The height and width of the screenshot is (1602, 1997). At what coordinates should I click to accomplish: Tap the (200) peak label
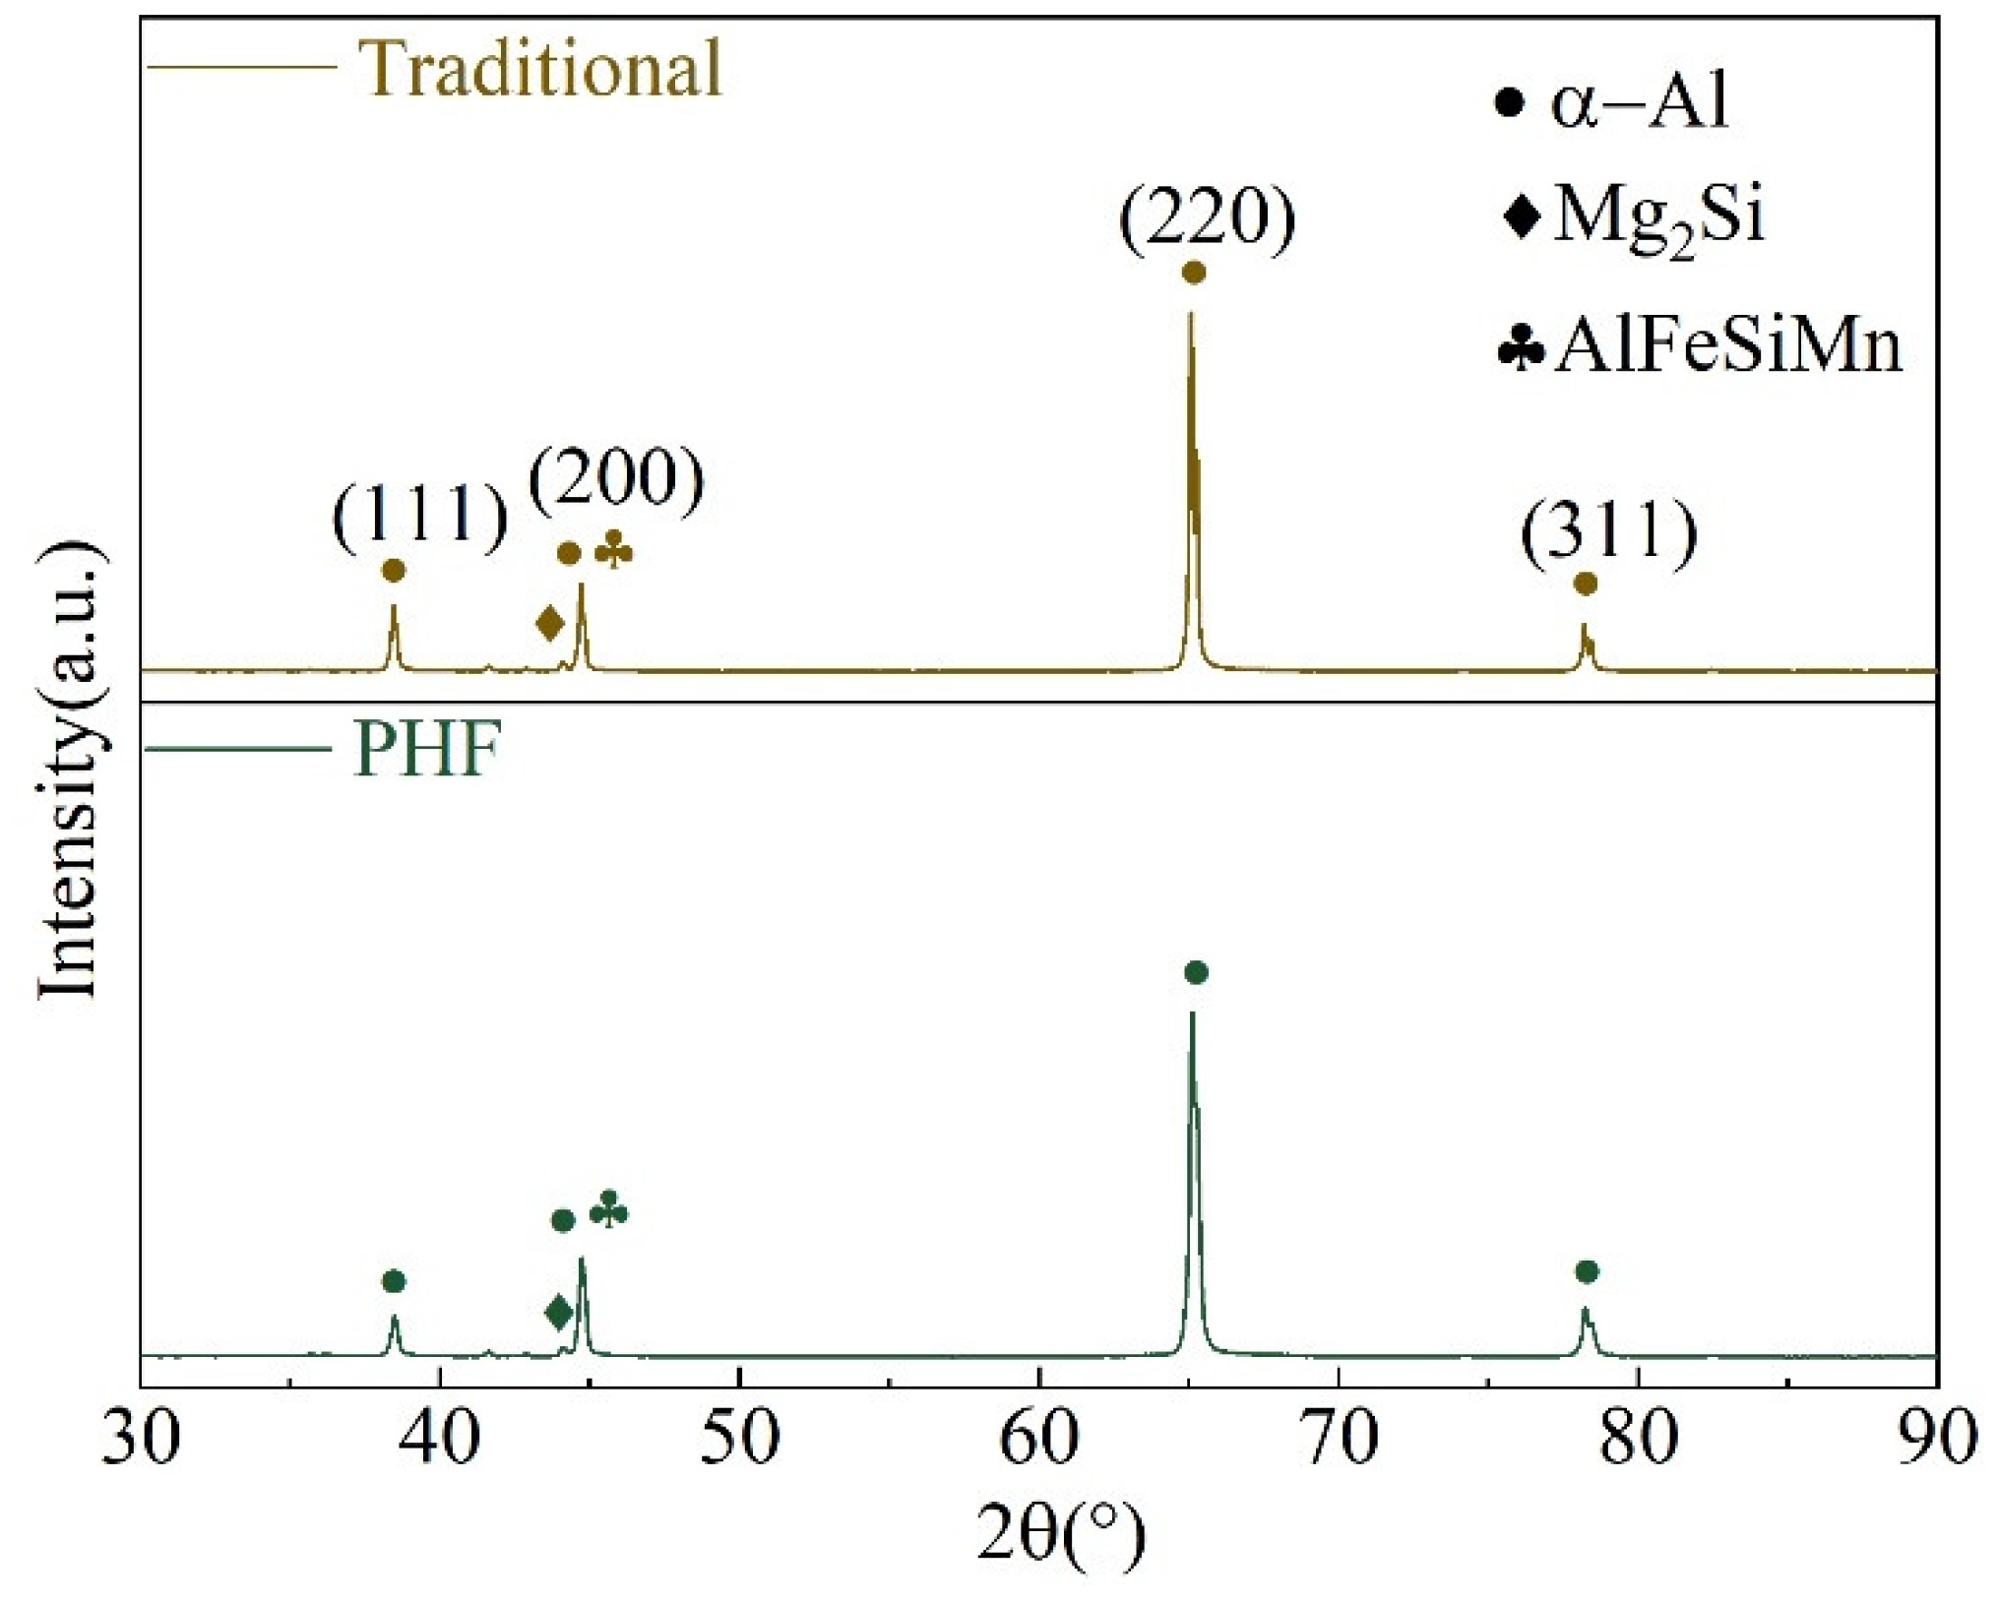(x=617, y=479)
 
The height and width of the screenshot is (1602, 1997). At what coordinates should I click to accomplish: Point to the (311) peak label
(x=1609, y=531)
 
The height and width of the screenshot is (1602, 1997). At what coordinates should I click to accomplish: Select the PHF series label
(x=427, y=750)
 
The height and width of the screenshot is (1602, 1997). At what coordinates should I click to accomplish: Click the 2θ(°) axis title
(x=1061, y=1535)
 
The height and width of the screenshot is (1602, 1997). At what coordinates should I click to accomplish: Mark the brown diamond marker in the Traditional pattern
(x=550, y=623)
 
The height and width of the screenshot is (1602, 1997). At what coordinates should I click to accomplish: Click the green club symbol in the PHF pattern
(x=608, y=1210)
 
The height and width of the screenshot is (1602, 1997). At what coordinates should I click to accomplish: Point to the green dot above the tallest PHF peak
(x=1196, y=973)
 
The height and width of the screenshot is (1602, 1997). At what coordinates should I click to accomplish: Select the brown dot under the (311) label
(x=1585, y=585)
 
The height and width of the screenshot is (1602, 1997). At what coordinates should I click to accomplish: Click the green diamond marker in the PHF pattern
(x=559, y=1312)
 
